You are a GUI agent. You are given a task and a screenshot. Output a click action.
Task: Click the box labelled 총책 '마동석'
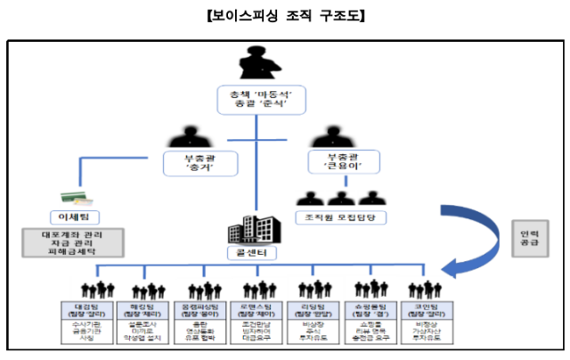258,99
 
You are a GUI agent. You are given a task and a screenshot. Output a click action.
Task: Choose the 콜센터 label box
257,254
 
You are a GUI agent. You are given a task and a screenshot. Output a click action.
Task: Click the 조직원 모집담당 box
338,217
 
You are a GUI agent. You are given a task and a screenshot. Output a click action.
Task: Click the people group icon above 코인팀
423,290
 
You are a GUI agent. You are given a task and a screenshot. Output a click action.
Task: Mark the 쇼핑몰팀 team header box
370,308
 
